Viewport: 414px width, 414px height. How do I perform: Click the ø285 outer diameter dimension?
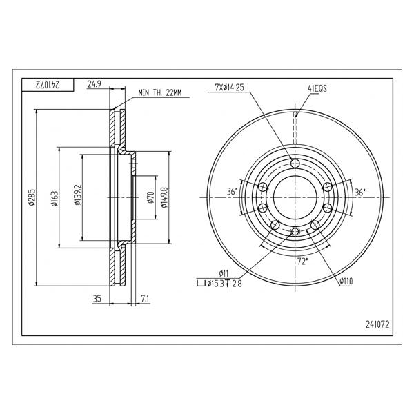tap(32, 197)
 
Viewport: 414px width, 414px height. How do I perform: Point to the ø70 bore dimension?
tap(151, 197)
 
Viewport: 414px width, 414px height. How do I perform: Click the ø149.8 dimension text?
tap(164, 197)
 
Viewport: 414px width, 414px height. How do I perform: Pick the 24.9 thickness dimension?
tap(95, 84)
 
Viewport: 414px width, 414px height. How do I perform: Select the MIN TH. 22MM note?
tap(160, 92)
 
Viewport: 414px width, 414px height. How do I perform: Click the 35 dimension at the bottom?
tap(97, 299)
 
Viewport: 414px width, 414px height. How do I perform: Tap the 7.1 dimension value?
tap(145, 299)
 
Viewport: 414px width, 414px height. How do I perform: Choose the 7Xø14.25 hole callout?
tap(229, 87)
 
